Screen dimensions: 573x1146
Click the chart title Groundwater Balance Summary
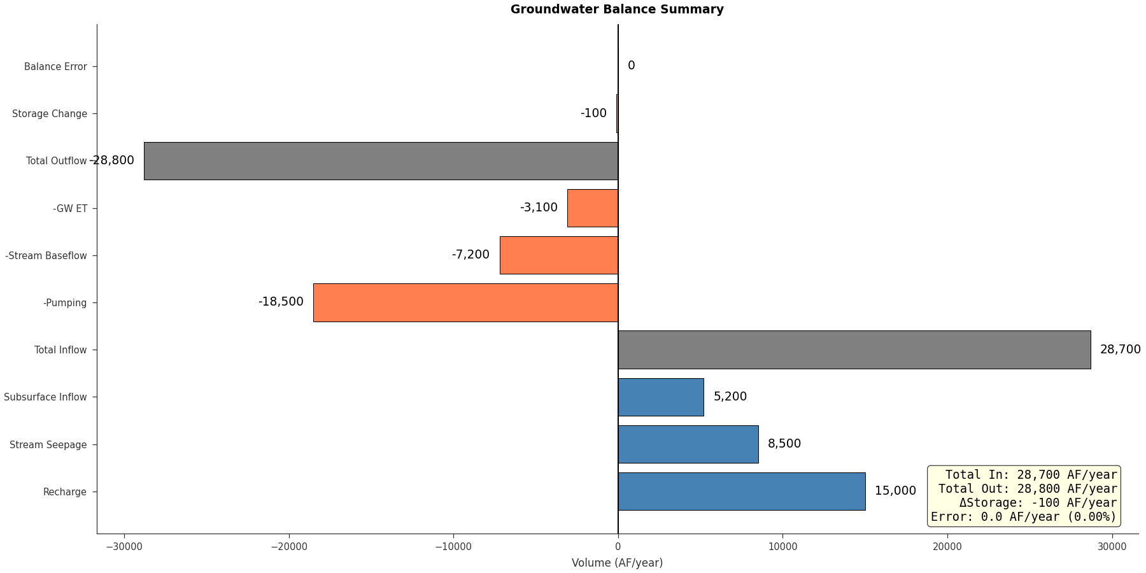pos(616,10)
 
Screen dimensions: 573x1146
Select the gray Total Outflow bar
pos(381,161)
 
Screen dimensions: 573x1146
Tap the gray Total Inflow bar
pos(854,350)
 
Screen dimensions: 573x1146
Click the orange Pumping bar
pos(465,302)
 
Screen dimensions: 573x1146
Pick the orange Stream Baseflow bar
pos(558,255)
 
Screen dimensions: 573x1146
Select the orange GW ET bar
pos(592,208)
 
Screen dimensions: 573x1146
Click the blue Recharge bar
pos(741,492)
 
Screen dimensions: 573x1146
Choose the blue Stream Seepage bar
pos(688,444)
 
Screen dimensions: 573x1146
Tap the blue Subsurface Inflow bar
pos(660,397)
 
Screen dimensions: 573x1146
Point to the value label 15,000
pos(895,491)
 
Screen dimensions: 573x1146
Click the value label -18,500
pos(281,302)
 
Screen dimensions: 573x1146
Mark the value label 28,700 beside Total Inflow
pos(1120,350)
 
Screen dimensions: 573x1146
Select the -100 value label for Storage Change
pos(593,113)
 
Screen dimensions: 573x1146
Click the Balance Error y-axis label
pos(55,67)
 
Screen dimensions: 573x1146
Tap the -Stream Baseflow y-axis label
pos(46,256)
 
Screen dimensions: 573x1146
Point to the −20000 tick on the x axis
pos(288,547)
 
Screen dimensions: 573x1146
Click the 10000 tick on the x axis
pos(782,547)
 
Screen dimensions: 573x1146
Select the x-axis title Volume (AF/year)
pos(616,563)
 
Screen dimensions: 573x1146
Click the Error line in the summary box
pos(1023,517)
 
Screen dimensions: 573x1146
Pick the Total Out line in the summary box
pos(1027,489)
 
